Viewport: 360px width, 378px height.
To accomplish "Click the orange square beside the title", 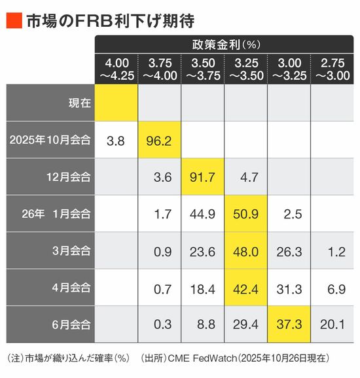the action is tap(14, 20).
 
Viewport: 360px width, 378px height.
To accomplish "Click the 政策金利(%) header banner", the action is tap(224, 44).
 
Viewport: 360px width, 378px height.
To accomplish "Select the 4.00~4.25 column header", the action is tap(117, 69).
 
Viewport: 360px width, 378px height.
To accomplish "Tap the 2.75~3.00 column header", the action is tap(333, 69).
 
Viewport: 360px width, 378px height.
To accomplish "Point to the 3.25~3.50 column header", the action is tap(246, 69).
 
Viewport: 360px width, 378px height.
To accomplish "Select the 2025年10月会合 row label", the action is tap(50, 140).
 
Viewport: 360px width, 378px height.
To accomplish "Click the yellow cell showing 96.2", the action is tap(159, 140).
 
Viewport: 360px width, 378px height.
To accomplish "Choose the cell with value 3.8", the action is tap(116, 141).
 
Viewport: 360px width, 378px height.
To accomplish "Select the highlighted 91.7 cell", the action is tap(202, 177).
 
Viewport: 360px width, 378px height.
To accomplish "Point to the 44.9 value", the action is tap(202, 214).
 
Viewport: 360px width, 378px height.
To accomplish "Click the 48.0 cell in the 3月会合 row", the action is tap(246, 250).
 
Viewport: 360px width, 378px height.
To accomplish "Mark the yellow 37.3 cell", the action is tap(289, 324).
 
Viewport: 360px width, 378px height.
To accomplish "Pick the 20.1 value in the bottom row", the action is tap(333, 324).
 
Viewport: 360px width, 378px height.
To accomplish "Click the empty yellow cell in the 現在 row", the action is tap(117, 103).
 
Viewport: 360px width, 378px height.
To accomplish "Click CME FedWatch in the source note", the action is tap(202, 358).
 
